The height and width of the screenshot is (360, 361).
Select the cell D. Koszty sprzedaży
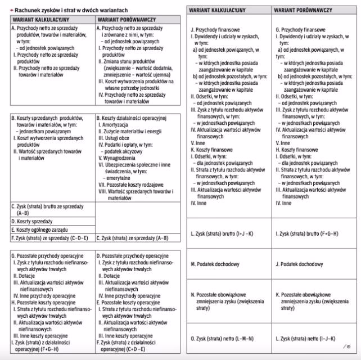click(x=34, y=222)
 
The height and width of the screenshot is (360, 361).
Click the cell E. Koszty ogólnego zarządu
click(x=42, y=229)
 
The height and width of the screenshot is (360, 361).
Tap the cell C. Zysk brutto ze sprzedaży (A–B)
click(x=45, y=209)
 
